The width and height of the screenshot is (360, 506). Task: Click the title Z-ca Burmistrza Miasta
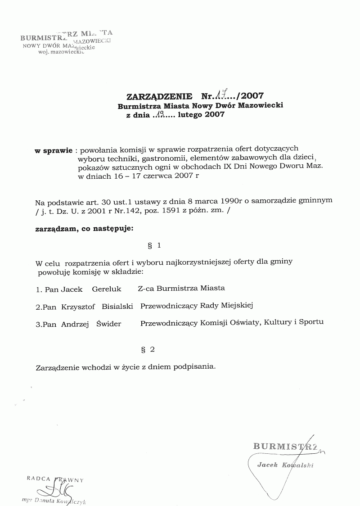click(181, 288)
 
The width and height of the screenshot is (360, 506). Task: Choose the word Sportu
click(311, 322)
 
